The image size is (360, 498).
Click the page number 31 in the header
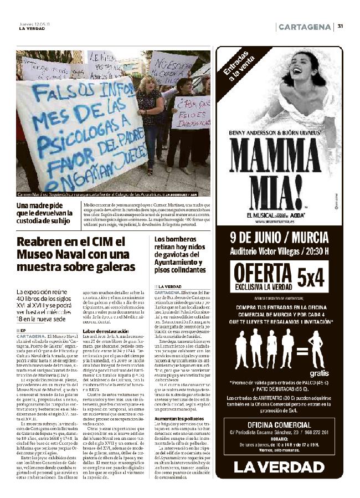(340, 26)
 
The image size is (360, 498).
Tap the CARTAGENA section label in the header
(305, 27)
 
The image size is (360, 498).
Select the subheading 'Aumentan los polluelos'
(177, 419)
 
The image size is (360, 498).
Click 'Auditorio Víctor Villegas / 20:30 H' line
(279, 250)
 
